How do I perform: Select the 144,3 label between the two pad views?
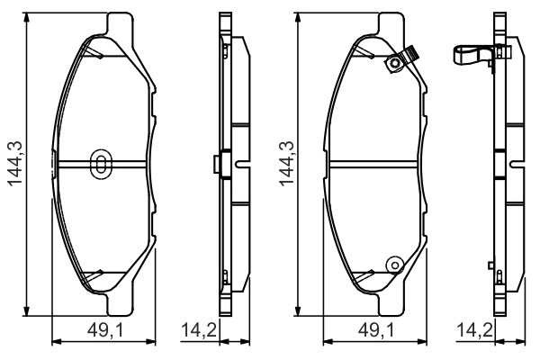coord(285,164)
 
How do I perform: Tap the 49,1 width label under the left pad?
coord(106,330)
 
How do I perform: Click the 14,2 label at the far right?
coord(472,330)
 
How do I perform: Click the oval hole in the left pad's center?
coord(100,163)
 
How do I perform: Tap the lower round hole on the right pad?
coord(392,265)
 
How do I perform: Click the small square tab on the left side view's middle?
coord(215,163)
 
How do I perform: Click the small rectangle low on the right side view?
coord(490,265)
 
